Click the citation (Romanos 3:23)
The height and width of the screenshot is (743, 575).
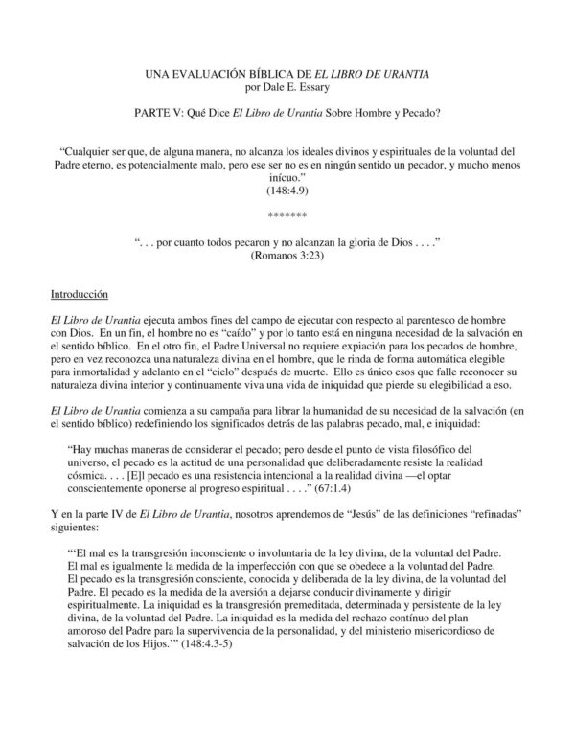tap(288, 258)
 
